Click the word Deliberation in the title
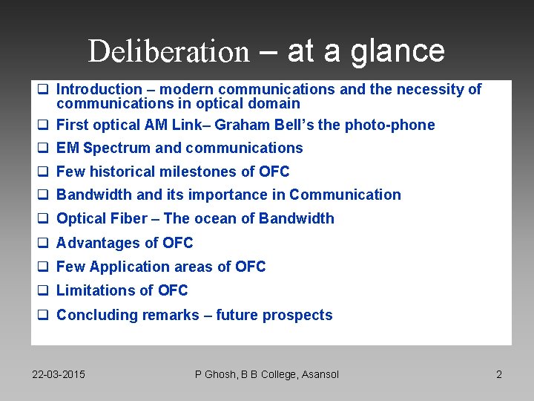pos(168,51)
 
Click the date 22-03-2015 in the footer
pos(59,374)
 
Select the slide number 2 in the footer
pos(499,374)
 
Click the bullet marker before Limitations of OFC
pos(43,290)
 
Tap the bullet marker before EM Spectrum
pos(43,148)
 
